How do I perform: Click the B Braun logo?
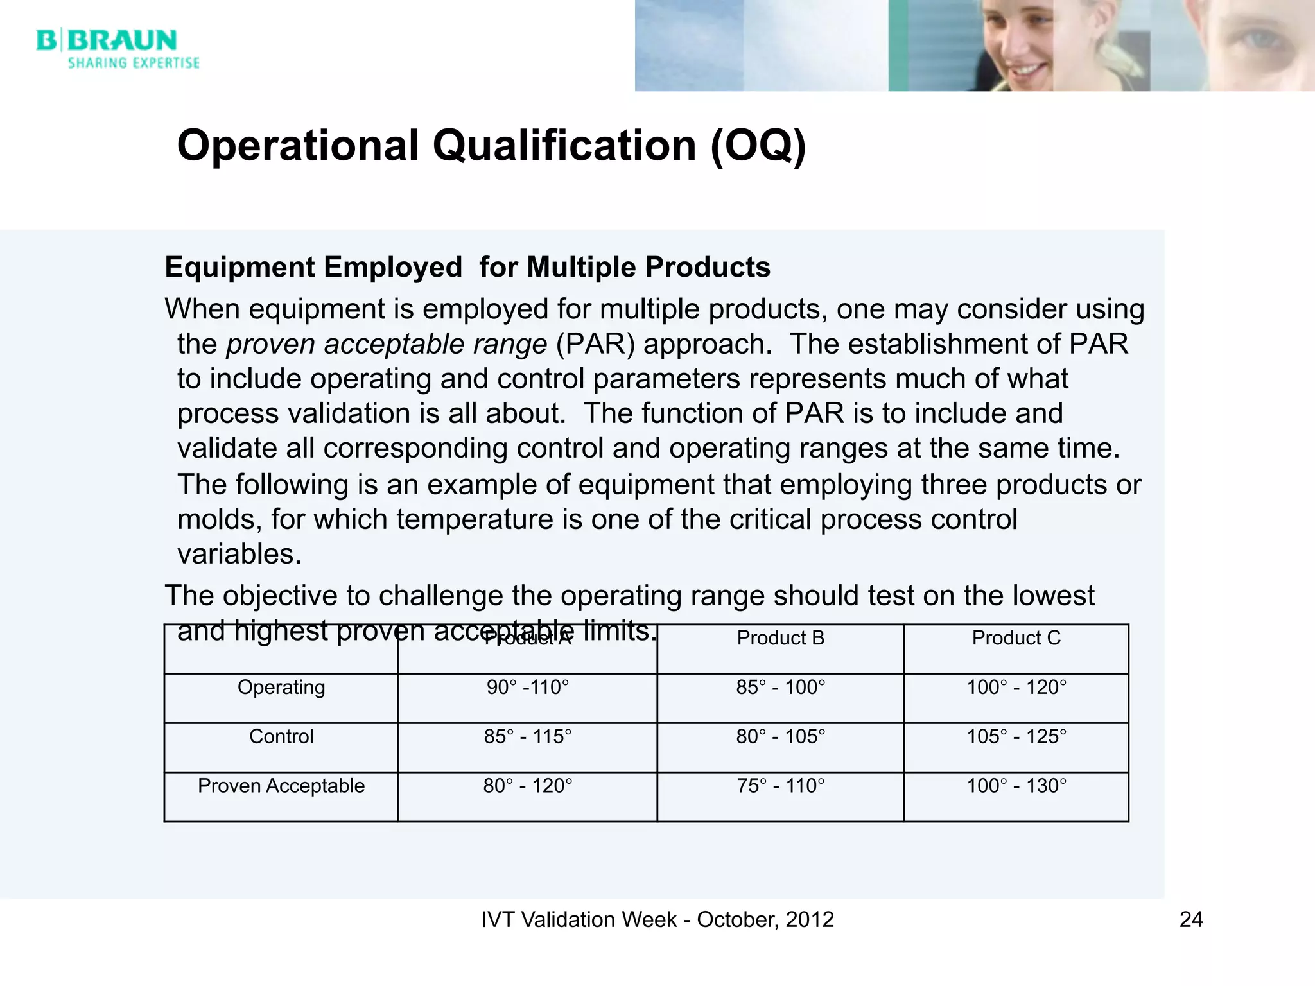click(x=107, y=40)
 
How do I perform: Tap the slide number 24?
click(x=1190, y=919)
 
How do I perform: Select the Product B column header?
click(x=780, y=638)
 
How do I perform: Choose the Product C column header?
click(x=1016, y=638)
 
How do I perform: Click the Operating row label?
click(x=281, y=688)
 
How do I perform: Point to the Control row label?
click(x=281, y=736)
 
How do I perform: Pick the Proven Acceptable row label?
click(x=281, y=786)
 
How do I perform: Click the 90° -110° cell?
click(x=528, y=688)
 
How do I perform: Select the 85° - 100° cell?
click(x=780, y=688)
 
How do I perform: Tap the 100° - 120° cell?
click(x=1016, y=688)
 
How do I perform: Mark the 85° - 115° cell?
click(x=528, y=736)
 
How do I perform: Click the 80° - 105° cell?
click(x=780, y=736)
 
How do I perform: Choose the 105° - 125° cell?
click(x=1016, y=736)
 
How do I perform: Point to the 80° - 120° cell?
click(x=528, y=786)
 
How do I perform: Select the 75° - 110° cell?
click(x=780, y=786)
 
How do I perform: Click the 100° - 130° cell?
click(x=1016, y=786)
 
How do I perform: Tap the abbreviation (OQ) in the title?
click(x=758, y=146)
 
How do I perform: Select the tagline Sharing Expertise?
click(x=134, y=63)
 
